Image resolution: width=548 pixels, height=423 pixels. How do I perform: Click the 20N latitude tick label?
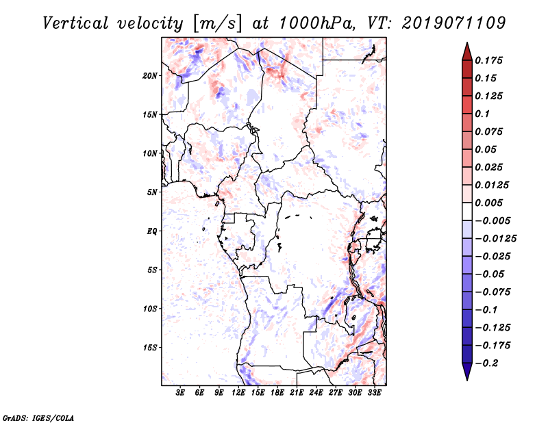[x=150, y=75]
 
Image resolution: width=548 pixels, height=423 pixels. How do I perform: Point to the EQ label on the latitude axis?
[x=151, y=231]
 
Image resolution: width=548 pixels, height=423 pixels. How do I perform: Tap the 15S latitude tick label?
[x=150, y=348]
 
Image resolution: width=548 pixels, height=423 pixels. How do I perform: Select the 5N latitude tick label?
[x=152, y=192]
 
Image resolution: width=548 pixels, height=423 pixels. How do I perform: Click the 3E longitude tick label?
[x=181, y=393]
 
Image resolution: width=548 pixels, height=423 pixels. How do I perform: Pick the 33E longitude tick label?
[x=374, y=393]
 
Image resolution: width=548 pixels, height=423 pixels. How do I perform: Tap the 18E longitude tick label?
[x=277, y=393]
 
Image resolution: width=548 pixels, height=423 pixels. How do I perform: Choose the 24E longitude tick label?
[x=316, y=393]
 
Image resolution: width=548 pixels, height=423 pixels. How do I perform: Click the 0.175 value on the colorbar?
[x=489, y=60]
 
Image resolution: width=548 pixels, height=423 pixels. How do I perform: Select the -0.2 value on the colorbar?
[x=488, y=363]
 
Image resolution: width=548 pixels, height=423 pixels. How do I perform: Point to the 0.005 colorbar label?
[x=489, y=203]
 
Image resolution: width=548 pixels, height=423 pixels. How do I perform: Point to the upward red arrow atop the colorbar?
[x=466, y=50]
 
